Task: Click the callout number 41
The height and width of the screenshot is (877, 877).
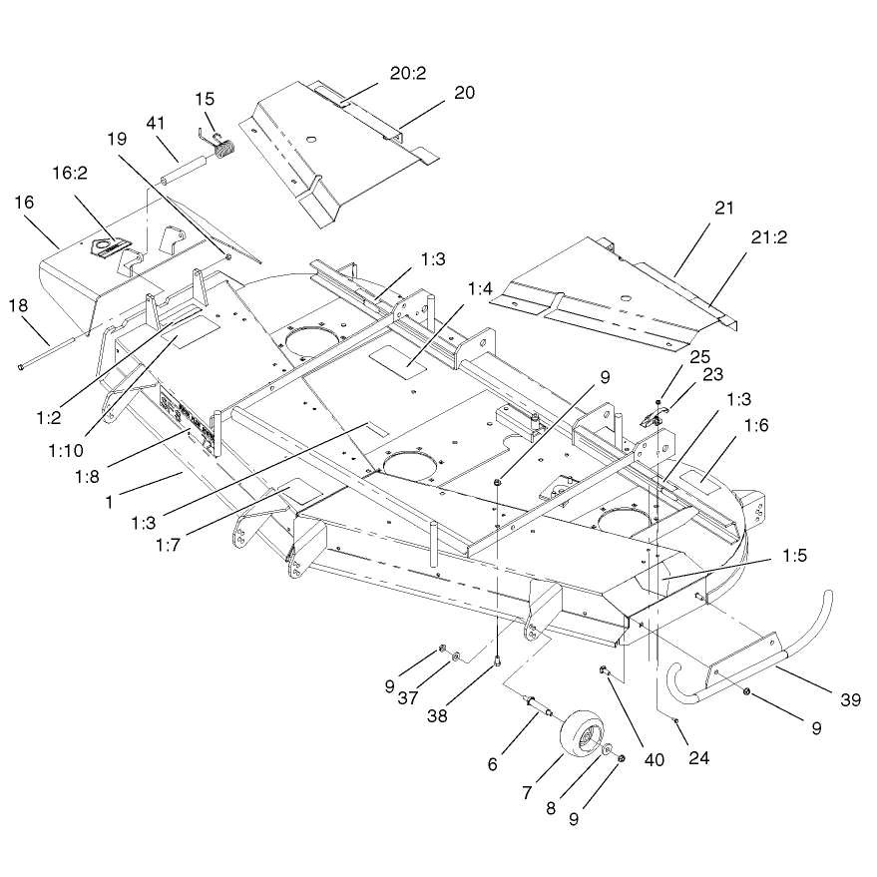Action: click(156, 123)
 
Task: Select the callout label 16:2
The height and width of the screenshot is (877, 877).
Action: click(70, 174)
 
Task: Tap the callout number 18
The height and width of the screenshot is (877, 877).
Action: click(18, 305)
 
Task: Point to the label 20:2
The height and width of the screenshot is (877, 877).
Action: click(408, 73)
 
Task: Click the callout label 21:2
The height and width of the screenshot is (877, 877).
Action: click(769, 237)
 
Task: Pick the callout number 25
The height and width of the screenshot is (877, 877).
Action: click(699, 357)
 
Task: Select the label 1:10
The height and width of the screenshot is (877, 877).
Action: click(66, 450)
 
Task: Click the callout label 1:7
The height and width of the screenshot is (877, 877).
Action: click(168, 544)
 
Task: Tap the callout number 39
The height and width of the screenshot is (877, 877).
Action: click(851, 699)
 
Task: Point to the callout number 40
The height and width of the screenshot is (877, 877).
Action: click(654, 759)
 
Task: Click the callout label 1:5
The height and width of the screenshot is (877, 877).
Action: click(795, 556)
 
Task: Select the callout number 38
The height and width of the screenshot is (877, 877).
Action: click(437, 716)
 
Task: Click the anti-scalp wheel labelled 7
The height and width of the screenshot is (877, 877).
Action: click(583, 733)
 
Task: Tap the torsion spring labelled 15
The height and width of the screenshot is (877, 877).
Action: click(222, 148)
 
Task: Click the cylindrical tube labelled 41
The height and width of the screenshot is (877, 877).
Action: click(186, 170)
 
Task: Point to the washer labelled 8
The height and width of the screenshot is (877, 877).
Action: click(609, 749)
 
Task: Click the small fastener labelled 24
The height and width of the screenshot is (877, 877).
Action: click(676, 721)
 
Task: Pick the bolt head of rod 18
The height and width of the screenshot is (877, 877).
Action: click(21, 367)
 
